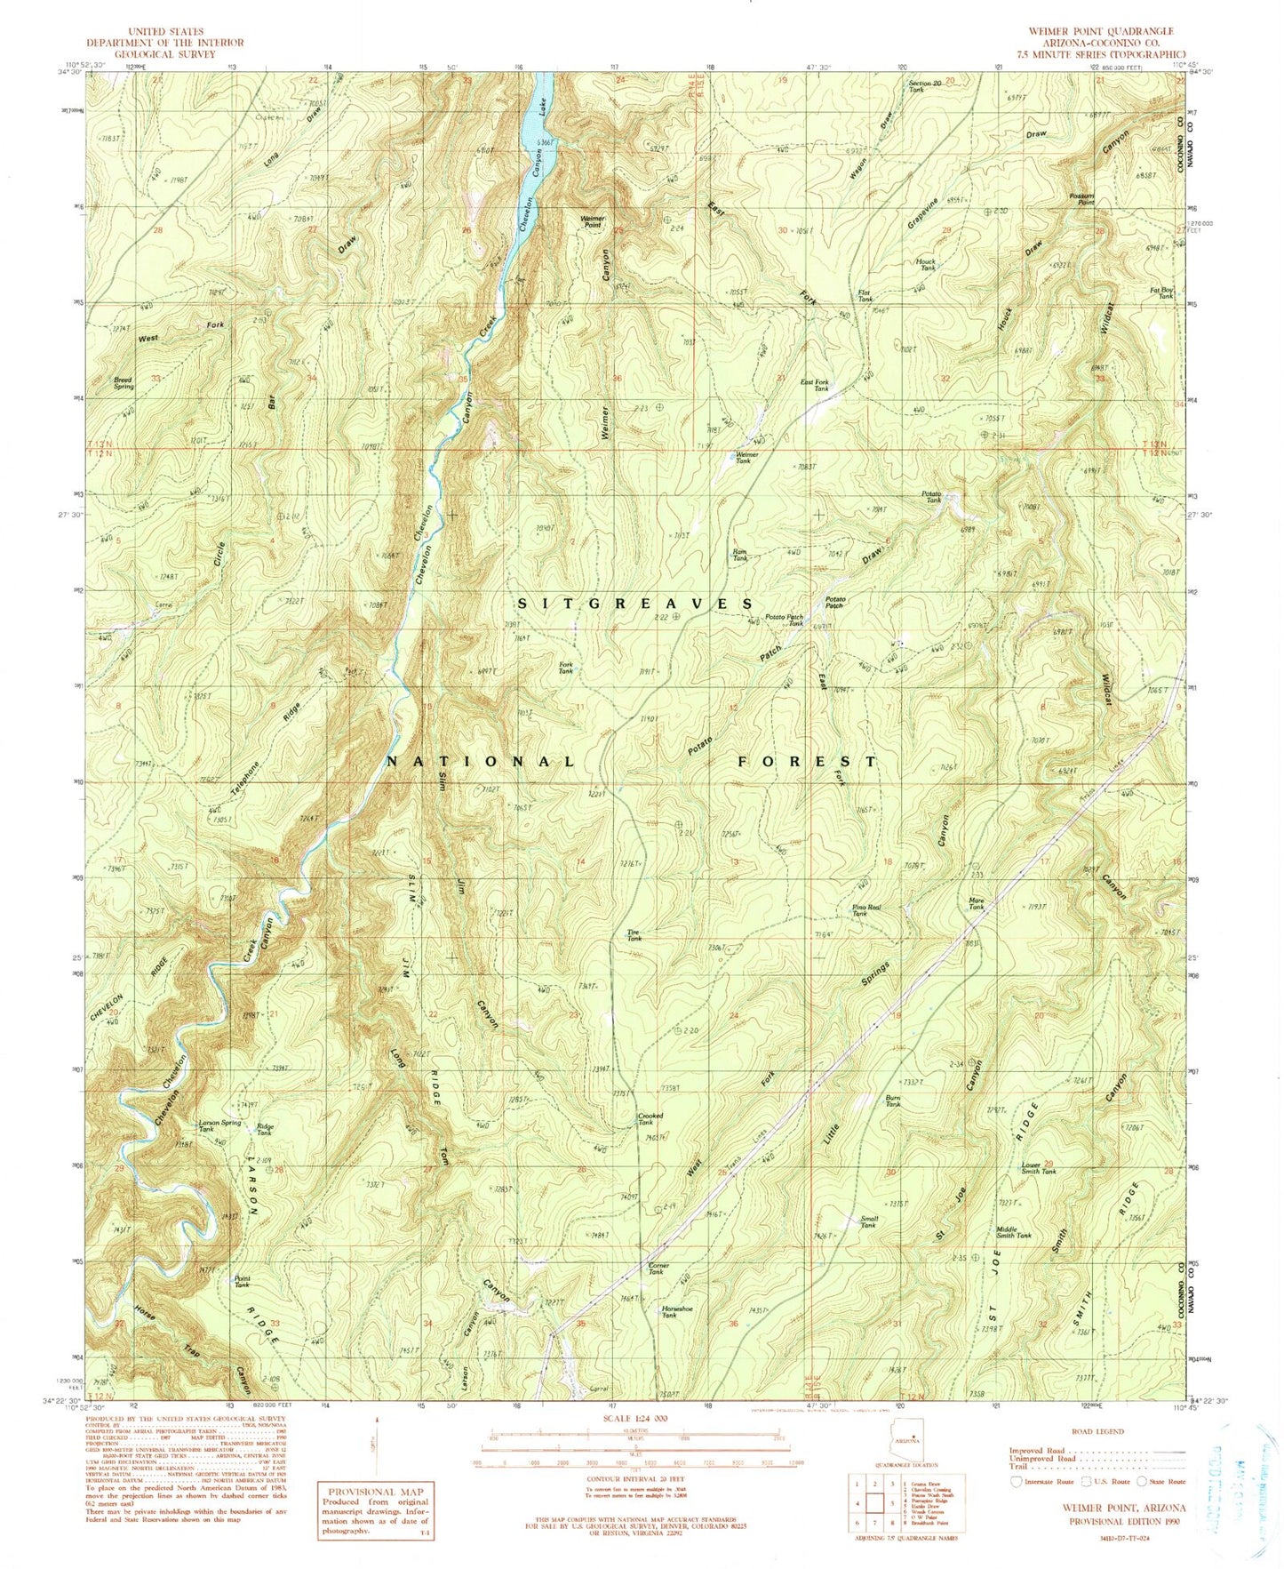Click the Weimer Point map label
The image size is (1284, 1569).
coord(593,220)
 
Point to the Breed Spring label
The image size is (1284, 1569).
coord(124,383)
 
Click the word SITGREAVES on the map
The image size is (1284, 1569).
coord(634,603)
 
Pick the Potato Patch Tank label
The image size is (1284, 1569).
coord(785,620)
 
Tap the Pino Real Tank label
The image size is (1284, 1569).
coord(866,909)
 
